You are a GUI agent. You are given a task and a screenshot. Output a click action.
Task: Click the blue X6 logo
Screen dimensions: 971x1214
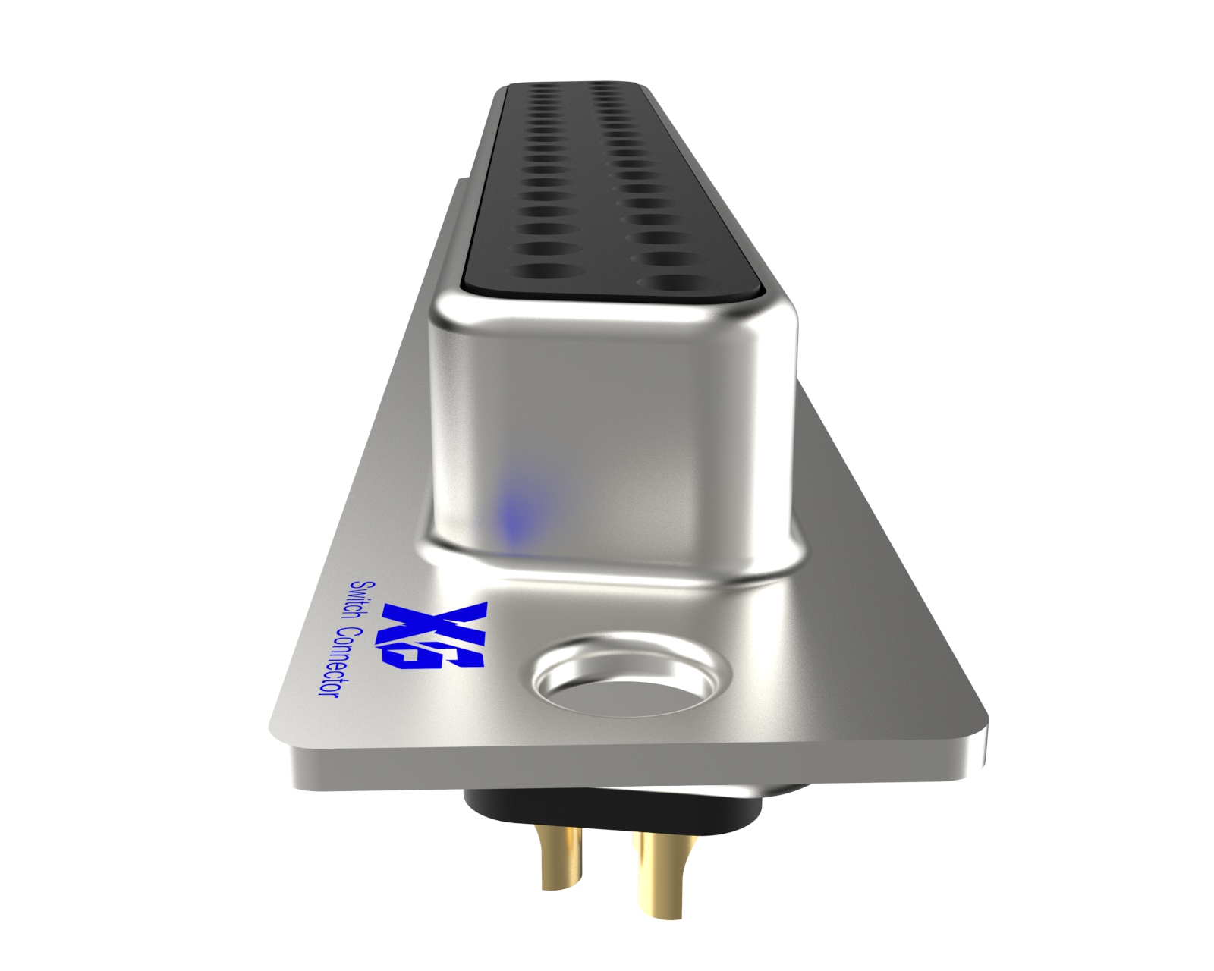(x=434, y=636)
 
